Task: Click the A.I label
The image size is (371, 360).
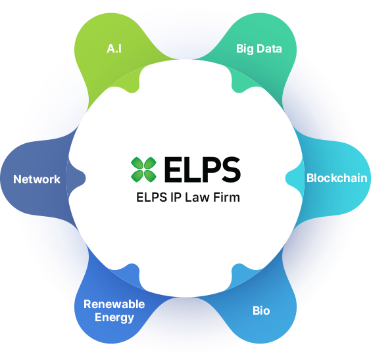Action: (x=114, y=49)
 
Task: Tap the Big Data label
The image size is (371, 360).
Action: (x=259, y=49)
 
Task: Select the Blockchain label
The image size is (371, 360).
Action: (x=337, y=178)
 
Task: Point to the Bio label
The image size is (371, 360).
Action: (x=261, y=311)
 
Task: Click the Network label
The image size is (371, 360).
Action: (x=37, y=179)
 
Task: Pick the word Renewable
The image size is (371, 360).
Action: (x=114, y=304)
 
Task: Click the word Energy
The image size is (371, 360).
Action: (x=114, y=318)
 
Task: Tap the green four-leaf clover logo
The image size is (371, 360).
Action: (x=143, y=169)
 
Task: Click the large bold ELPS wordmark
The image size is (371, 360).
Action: (x=203, y=169)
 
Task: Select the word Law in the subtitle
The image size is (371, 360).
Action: (x=197, y=197)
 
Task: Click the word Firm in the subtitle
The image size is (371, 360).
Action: (x=226, y=197)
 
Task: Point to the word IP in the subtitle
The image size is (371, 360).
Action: (x=176, y=197)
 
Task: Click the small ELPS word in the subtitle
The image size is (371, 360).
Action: (x=152, y=197)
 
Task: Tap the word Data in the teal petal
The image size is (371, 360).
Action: (x=269, y=49)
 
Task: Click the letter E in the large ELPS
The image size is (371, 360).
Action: (x=173, y=169)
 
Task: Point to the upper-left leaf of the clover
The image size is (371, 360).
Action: (x=137, y=163)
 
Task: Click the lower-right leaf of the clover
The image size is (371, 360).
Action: (x=150, y=176)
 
